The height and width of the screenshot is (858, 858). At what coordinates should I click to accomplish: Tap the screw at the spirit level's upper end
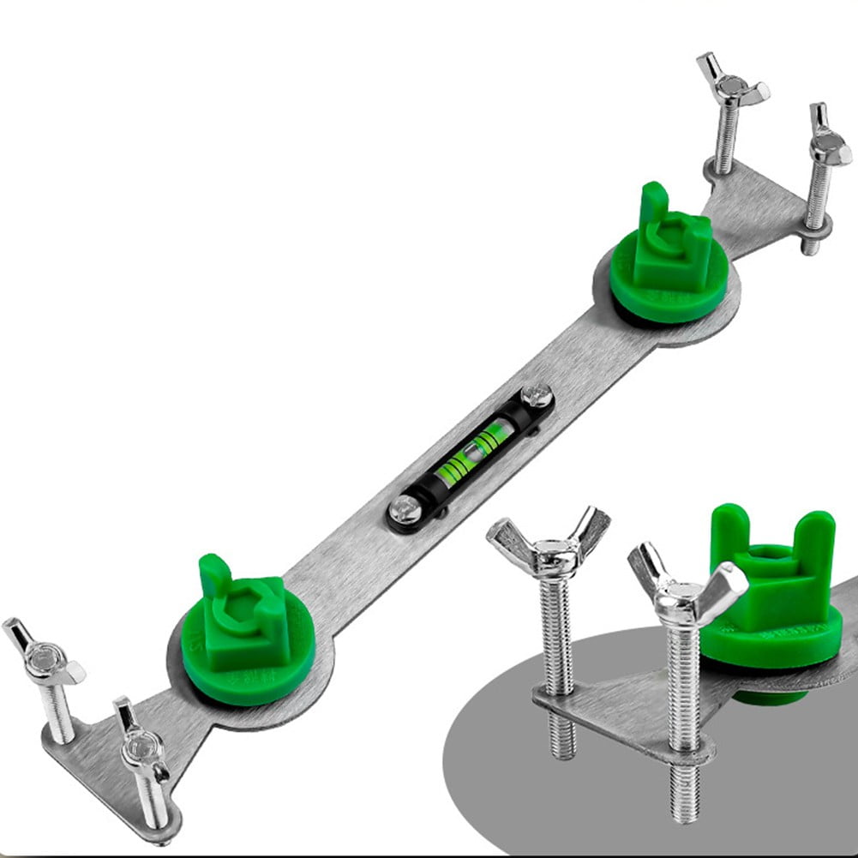(x=537, y=397)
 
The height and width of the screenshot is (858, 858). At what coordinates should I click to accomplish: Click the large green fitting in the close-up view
(x=771, y=600)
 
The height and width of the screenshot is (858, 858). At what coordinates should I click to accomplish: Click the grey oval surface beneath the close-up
(x=531, y=789)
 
